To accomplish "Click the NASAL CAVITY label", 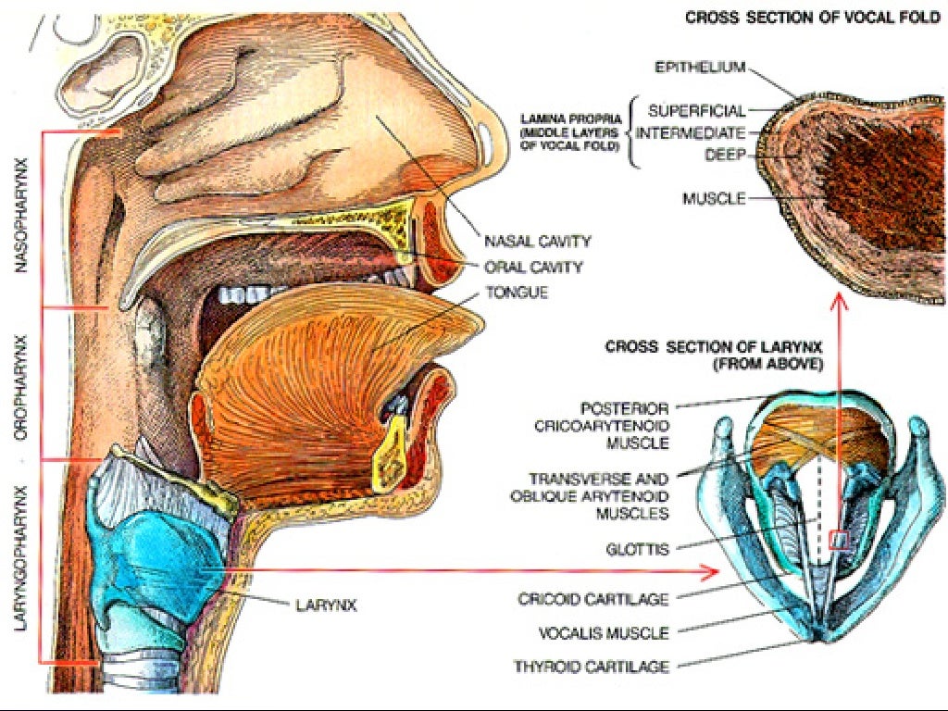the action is click(537, 242).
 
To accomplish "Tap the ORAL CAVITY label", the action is click(533, 268).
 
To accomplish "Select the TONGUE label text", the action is click(517, 293).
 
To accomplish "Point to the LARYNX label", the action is click(326, 605).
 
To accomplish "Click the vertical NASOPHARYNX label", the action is click(22, 215).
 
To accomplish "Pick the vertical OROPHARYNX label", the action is click(22, 387).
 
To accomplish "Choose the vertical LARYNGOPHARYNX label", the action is click(22, 558).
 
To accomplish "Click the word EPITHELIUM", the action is click(700, 67).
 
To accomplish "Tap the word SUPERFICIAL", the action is click(696, 111).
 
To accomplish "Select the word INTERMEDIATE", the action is click(691, 133).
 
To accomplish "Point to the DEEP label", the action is click(726, 156).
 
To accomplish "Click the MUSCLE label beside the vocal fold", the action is click(714, 199).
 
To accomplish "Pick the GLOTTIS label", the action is click(637, 550).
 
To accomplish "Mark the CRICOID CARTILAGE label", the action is click(593, 599).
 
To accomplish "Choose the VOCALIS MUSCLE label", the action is click(604, 633).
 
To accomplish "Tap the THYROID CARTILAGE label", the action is click(592, 667).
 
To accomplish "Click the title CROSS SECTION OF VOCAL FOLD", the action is click(813, 19).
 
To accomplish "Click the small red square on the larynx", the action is click(839, 540).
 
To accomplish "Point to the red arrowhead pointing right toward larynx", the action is click(711, 570).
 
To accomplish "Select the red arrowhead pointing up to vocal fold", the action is click(839, 301).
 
